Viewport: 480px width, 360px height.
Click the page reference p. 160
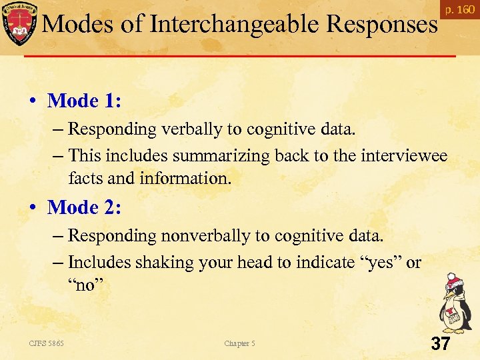coord(460,10)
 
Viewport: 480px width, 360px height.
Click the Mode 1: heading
coord(85,101)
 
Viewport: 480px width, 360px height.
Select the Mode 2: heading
coord(85,207)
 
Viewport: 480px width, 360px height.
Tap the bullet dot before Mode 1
coord(32,102)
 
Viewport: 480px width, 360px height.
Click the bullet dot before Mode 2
coord(32,209)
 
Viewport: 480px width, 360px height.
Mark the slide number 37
coord(441,344)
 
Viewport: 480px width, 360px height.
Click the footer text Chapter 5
coord(239,343)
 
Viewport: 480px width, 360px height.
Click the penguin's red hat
coord(455,279)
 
